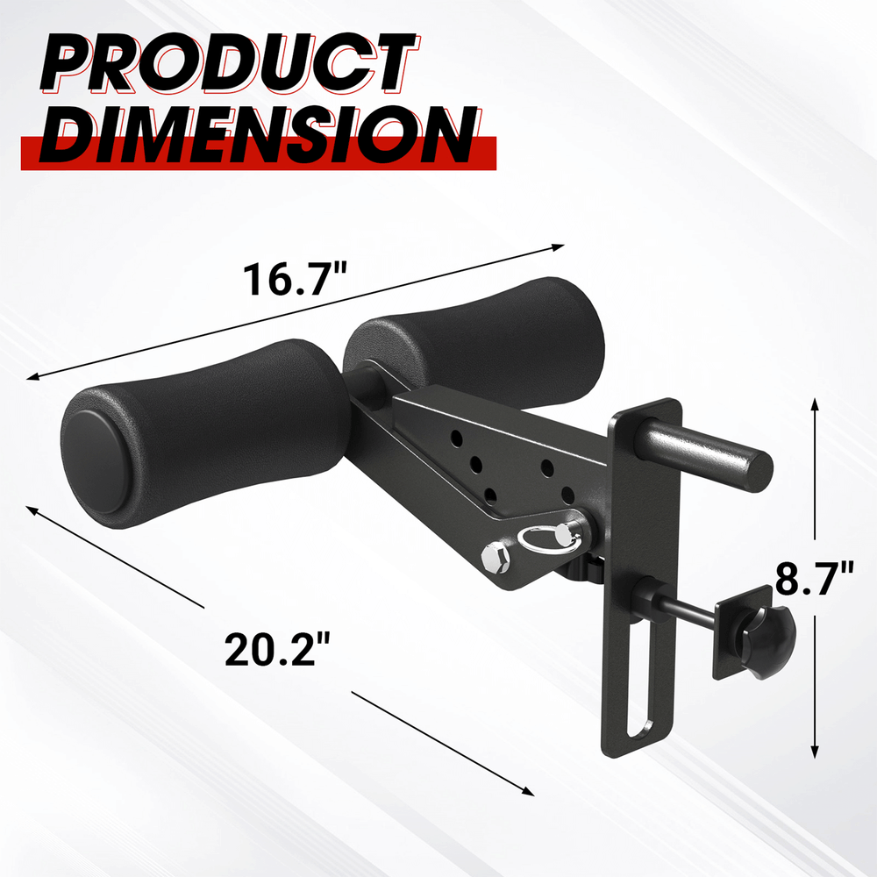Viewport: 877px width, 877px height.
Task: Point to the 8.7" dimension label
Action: click(814, 580)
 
